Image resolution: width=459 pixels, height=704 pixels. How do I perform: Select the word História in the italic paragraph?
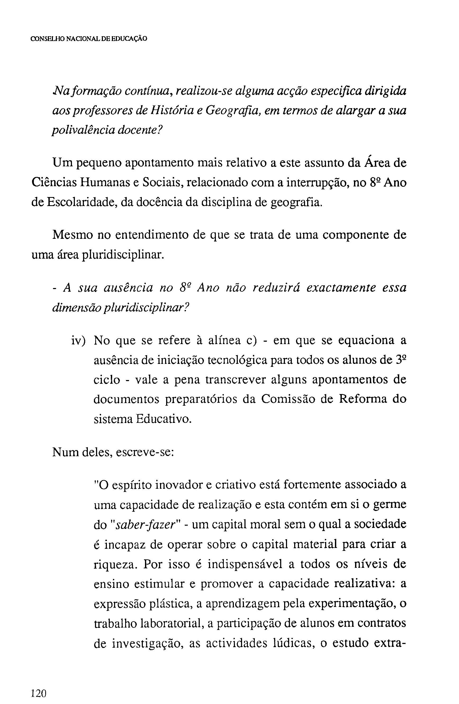(170, 111)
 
